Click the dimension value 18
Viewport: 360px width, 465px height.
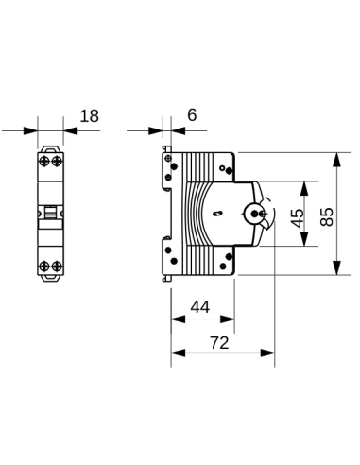pyautogui.click(x=90, y=116)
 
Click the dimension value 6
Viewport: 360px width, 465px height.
pyautogui.click(x=192, y=115)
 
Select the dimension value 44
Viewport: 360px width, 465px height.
pyautogui.click(x=200, y=307)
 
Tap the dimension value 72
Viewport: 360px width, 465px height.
pyautogui.click(x=219, y=344)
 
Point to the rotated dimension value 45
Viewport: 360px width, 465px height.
pyautogui.click(x=297, y=215)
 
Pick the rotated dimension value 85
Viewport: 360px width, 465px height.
pyautogui.click(x=327, y=215)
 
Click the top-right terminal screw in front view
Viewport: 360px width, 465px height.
pyautogui.click(x=57, y=163)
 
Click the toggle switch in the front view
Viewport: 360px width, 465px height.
pyautogui.click(x=51, y=214)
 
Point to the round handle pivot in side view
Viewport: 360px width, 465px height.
pyautogui.click(x=253, y=215)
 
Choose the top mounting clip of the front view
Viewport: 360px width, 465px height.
pyautogui.click(x=51, y=147)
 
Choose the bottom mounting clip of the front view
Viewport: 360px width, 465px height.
pyautogui.click(x=51, y=281)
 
